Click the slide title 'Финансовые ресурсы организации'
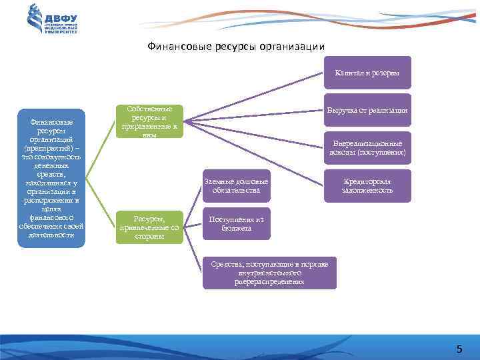(x=235, y=47)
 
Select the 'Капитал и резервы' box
(x=367, y=72)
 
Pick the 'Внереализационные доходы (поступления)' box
(x=367, y=147)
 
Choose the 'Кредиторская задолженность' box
(x=367, y=185)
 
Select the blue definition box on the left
(x=52, y=178)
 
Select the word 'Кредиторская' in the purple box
(x=367, y=181)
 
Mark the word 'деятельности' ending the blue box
(x=52, y=235)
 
